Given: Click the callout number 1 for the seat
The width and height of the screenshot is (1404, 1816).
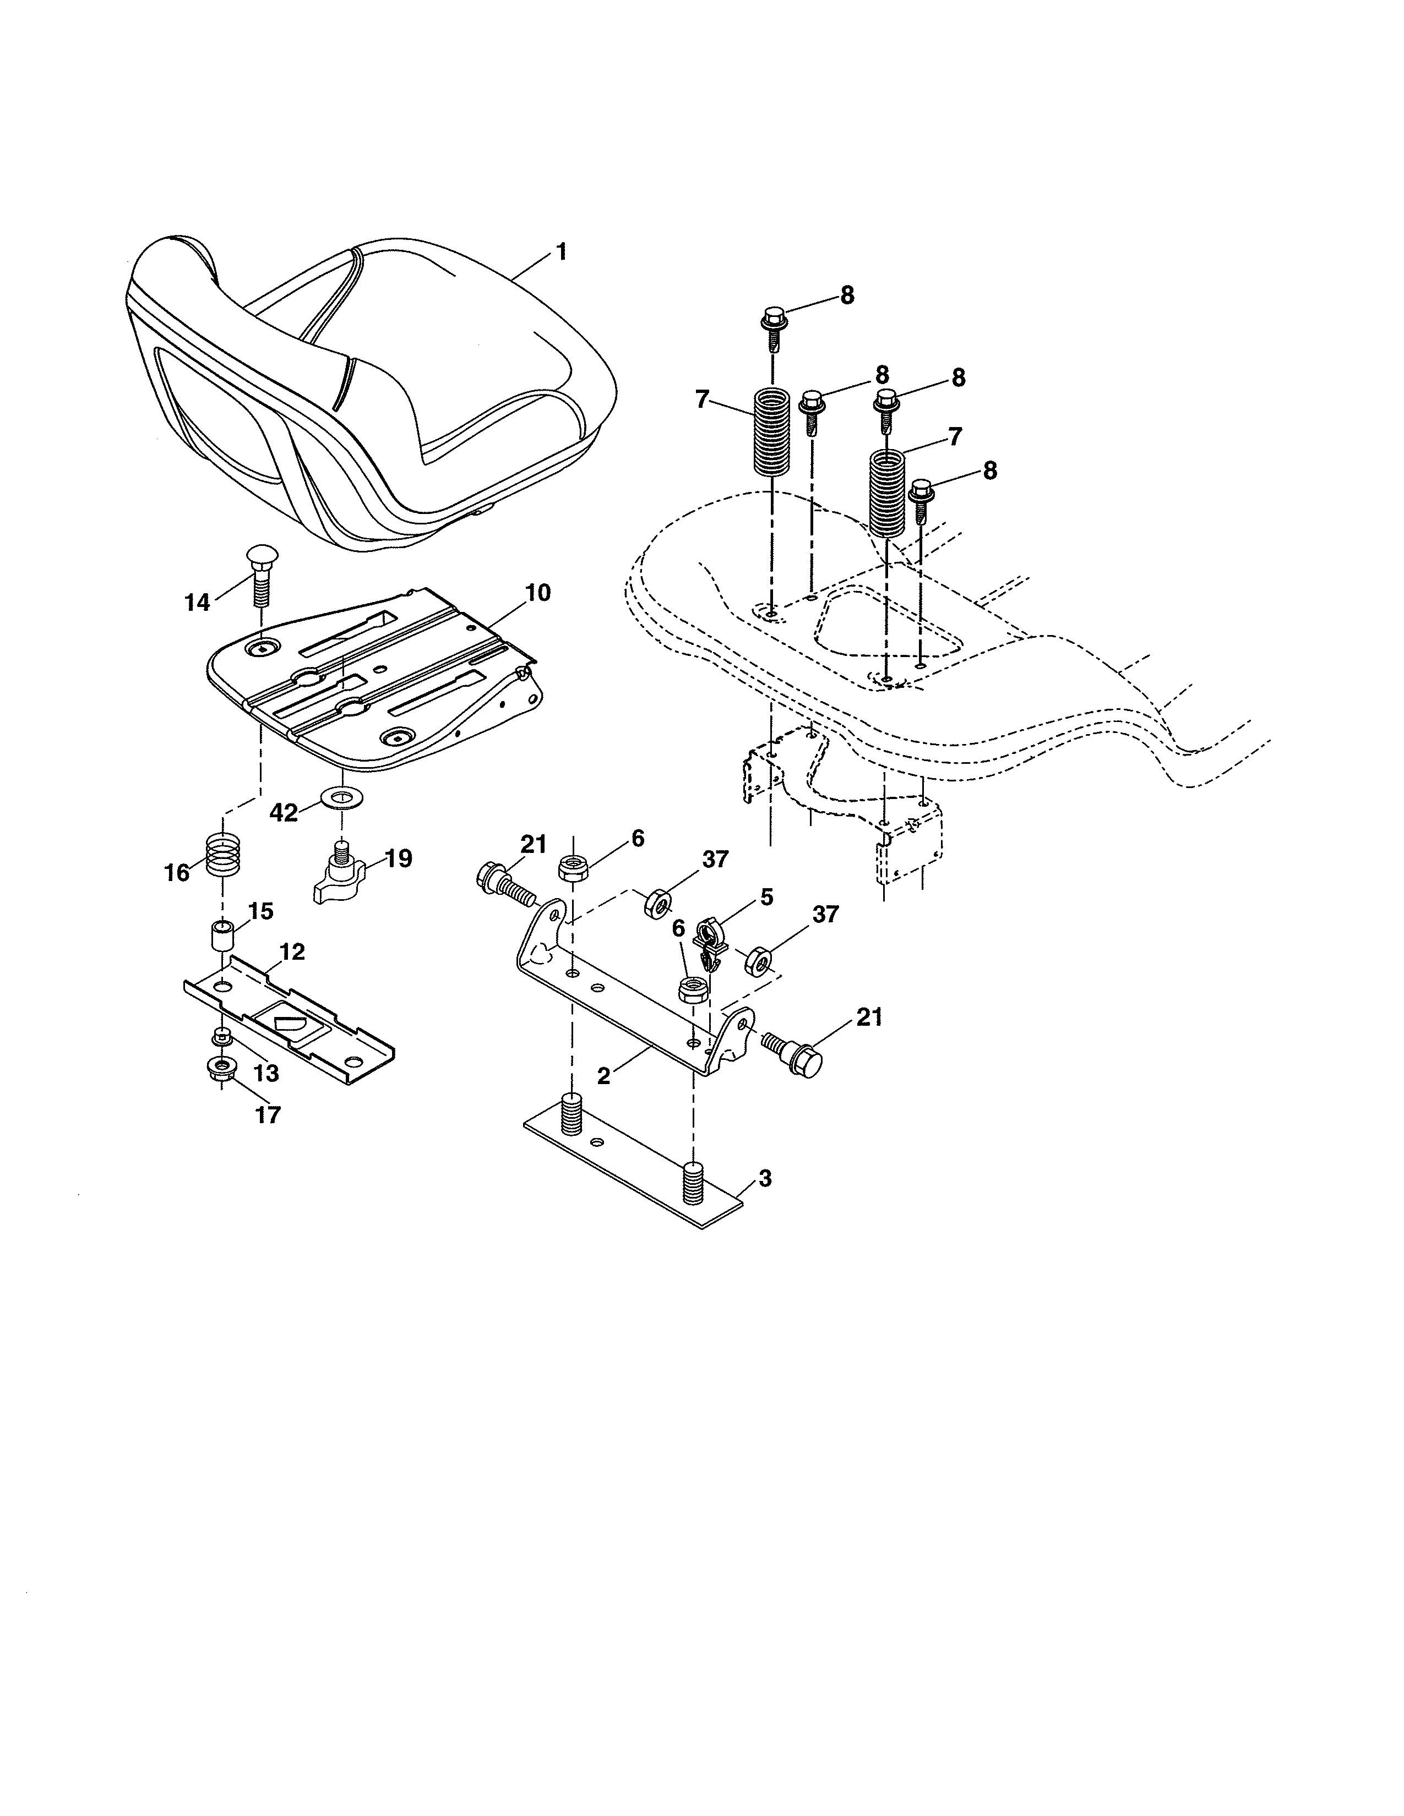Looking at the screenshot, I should pos(562,251).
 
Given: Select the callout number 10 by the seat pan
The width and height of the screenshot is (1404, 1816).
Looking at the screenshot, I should pos(537,593).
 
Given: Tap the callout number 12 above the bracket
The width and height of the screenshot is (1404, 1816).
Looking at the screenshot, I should pos(293,952).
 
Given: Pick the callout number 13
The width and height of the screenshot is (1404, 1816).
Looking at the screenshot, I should pos(266,1074).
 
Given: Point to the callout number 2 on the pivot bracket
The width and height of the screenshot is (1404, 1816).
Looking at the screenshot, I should pos(604,1075).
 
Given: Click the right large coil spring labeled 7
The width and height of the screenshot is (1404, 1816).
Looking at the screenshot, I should pos(886,493).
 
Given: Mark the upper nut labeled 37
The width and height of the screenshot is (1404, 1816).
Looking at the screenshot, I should pos(659,902).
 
